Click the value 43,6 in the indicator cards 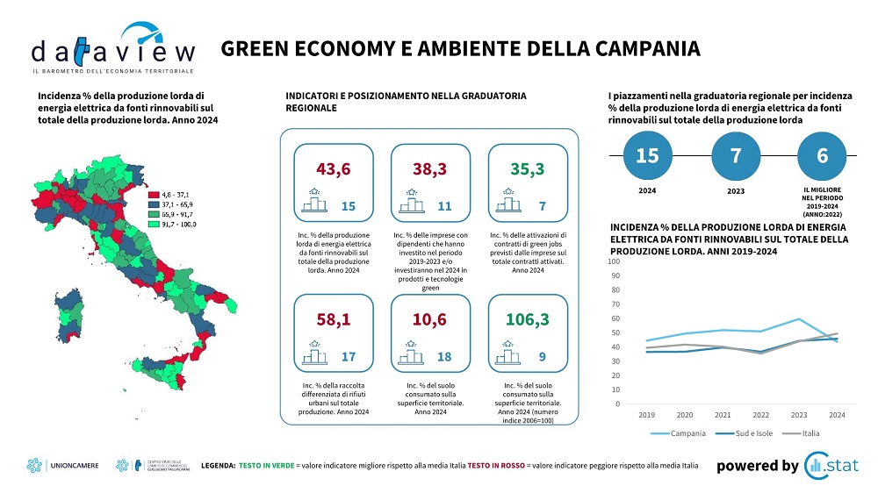(x=334, y=168)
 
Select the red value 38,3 (x=431, y=168)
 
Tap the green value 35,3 (x=529, y=168)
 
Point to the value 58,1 (x=334, y=319)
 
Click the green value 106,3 (x=529, y=319)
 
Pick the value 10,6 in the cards (x=431, y=319)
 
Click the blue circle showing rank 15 (x=646, y=155)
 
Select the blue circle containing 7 (x=735, y=155)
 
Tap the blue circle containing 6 (x=823, y=155)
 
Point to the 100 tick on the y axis (x=613, y=261)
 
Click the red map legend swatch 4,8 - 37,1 (x=154, y=194)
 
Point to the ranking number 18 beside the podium (x=444, y=357)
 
